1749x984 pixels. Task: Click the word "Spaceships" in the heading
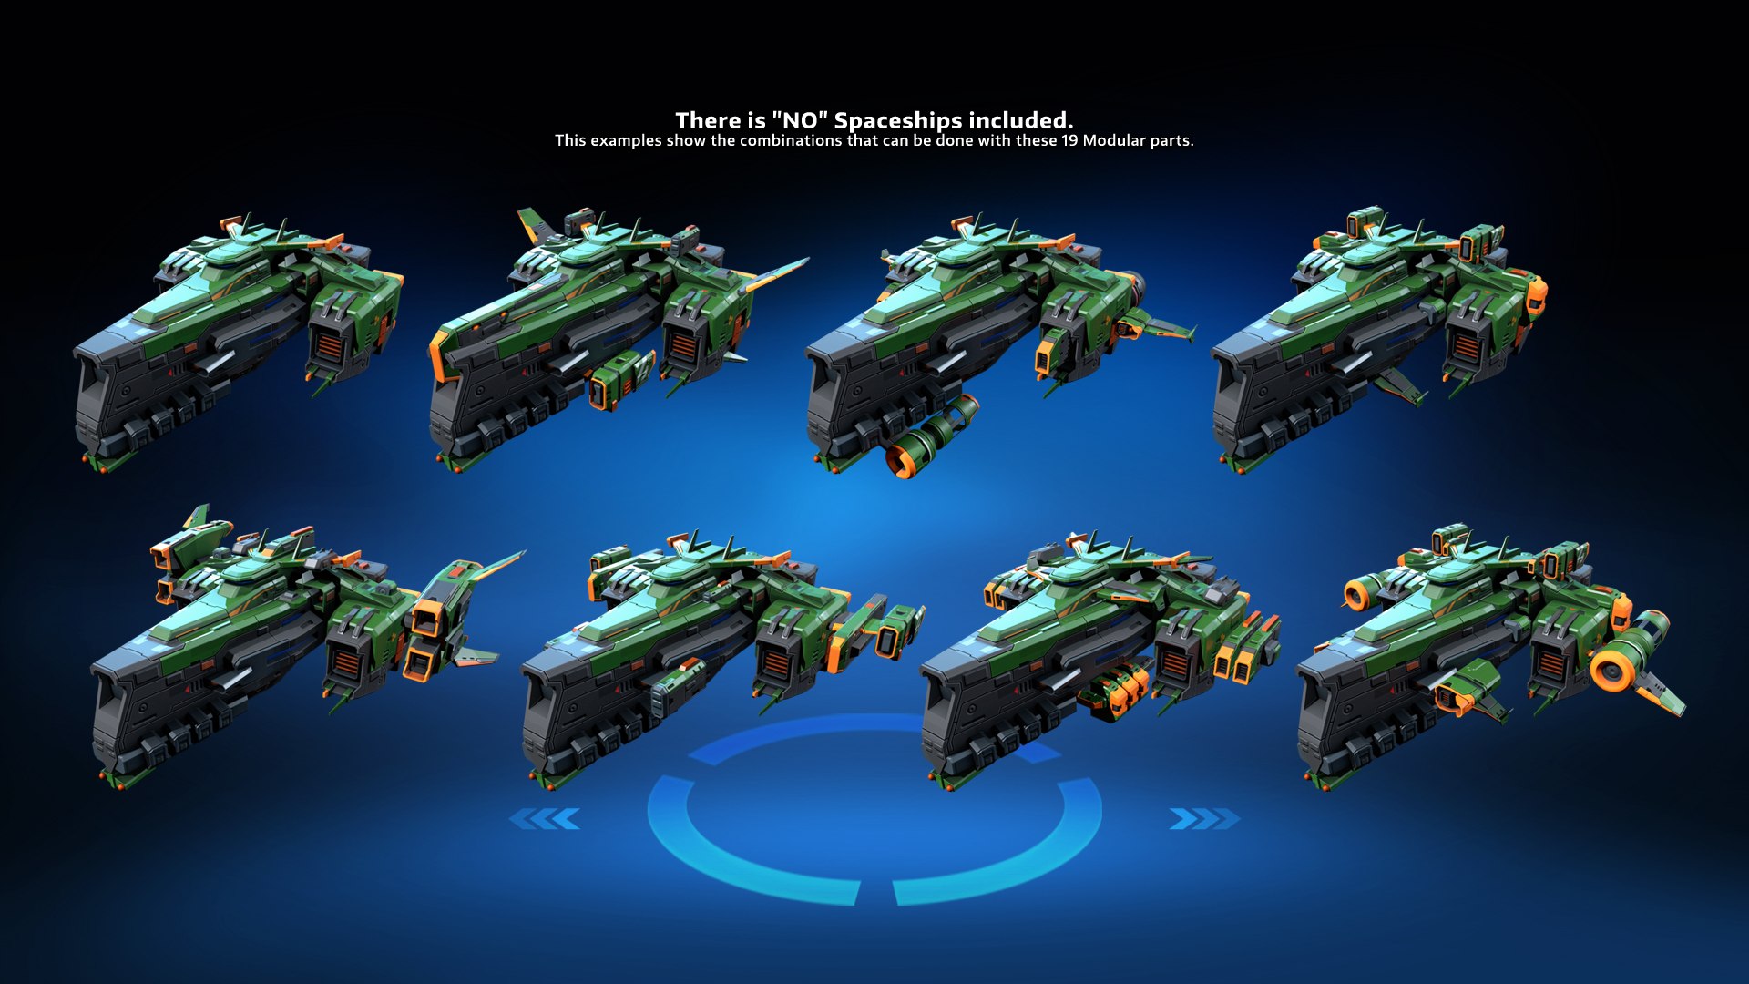[898, 120]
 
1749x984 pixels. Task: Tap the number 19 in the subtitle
[1069, 140]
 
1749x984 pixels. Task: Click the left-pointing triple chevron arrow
[545, 819]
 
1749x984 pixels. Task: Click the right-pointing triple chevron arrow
[1203, 819]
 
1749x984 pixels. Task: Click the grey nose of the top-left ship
[100, 392]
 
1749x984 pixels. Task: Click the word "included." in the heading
[1020, 120]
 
